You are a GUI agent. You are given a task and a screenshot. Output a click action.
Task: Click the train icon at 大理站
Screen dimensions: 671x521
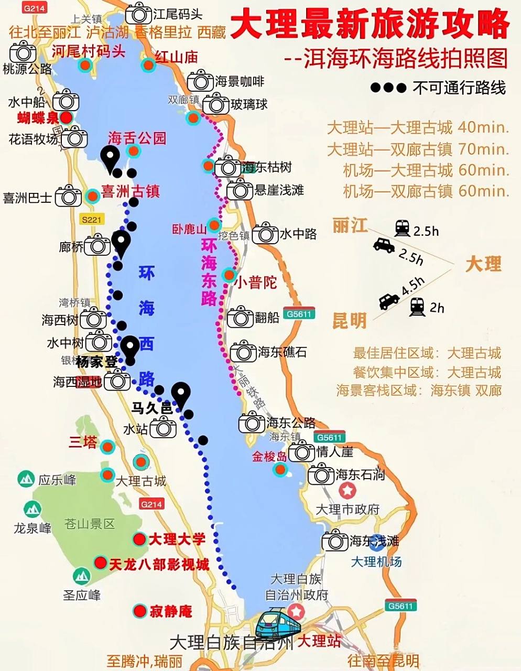click(x=278, y=624)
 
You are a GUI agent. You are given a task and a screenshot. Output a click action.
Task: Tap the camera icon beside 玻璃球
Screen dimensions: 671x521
click(x=215, y=104)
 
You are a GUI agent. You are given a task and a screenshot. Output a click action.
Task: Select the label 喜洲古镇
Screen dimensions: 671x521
click(x=131, y=191)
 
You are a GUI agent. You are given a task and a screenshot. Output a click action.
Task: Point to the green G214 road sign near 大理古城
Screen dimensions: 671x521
click(x=151, y=504)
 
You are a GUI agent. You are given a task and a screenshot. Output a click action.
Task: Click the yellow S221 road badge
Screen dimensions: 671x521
click(x=91, y=220)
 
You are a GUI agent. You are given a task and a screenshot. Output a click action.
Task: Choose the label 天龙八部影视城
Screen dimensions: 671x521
click(x=159, y=564)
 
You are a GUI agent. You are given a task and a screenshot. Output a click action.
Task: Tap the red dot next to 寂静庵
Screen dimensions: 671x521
click(x=139, y=611)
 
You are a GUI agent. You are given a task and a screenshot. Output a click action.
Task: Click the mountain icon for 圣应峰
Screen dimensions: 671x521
click(x=81, y=576)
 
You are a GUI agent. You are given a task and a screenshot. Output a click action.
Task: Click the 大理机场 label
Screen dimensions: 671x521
click(x=376, y=561)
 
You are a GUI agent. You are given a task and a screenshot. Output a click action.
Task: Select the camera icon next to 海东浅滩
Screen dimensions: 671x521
click(x=335, y=540)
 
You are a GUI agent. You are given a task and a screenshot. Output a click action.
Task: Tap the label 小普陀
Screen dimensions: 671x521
click(x=256, y=283)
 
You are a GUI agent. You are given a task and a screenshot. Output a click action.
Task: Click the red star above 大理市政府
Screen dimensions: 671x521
click(x=348, y=491)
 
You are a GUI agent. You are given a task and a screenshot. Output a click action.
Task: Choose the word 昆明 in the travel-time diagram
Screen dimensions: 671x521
click(x=349, y=320)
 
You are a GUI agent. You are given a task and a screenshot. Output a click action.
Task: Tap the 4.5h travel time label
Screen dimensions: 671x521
click(x=413, y=286)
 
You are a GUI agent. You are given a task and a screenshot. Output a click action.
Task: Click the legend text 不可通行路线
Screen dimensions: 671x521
click(x=459, y=88)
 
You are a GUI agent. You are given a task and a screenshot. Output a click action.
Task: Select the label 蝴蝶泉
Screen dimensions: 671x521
click(x=38, y=117)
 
